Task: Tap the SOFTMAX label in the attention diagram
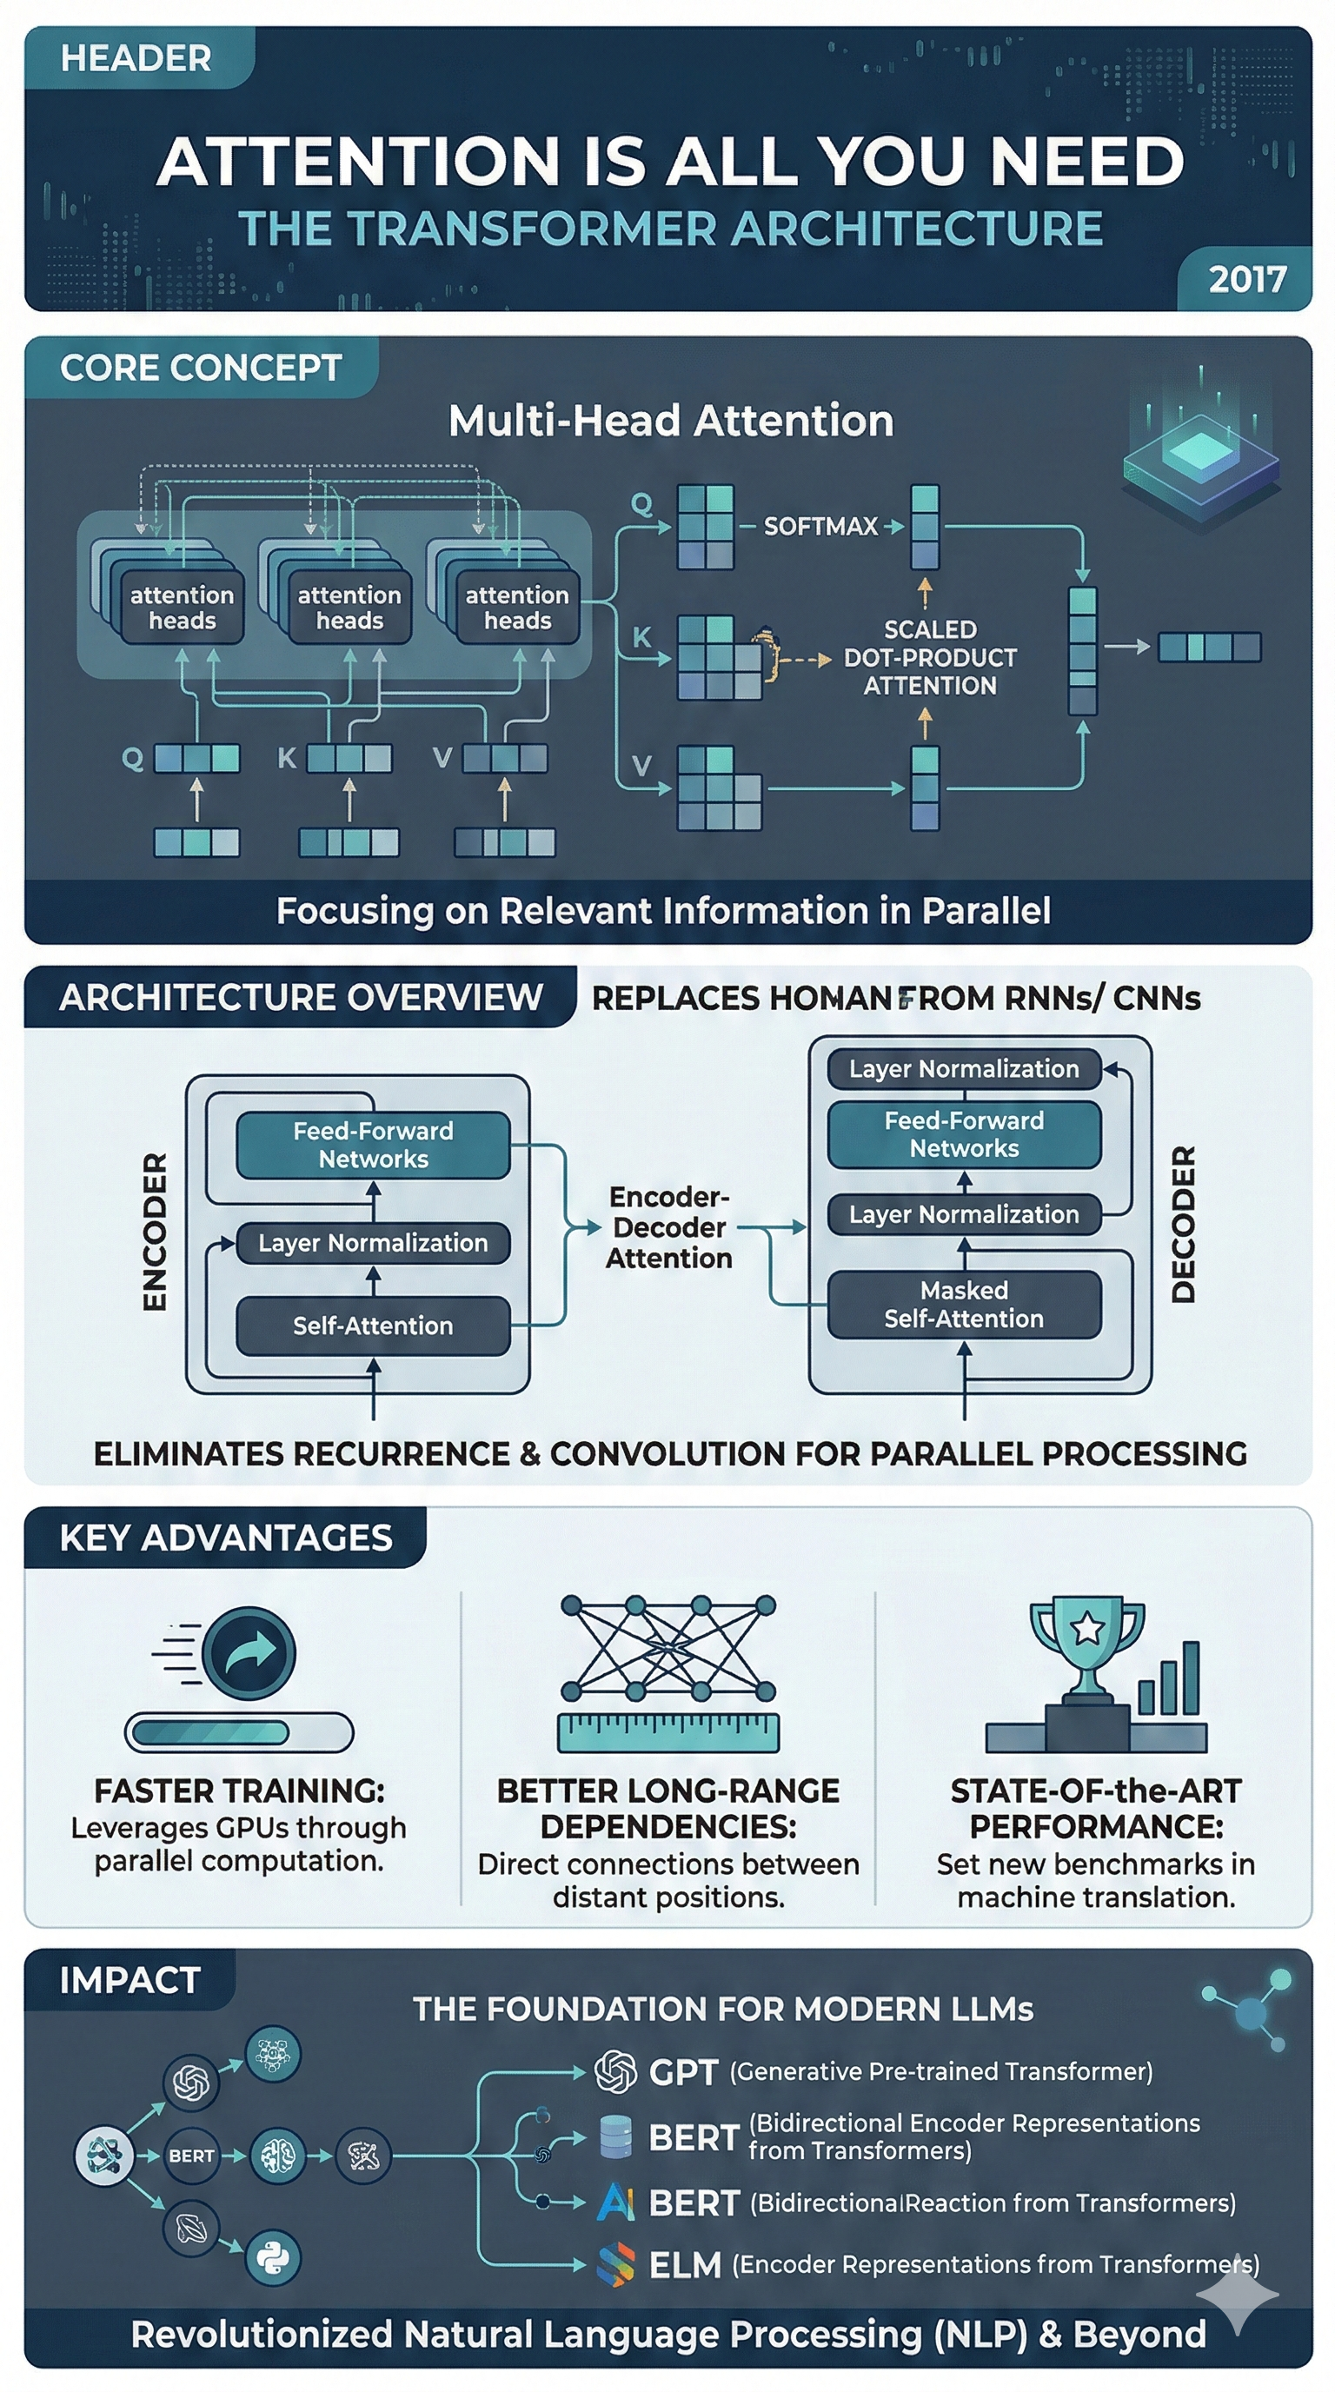tap(820, 527)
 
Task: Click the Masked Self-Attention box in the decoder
tap(964, 1304)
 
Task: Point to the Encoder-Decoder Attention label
tap(668, 1226)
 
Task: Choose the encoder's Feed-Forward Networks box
tap(373, 1144)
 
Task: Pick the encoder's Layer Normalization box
tap(373, 1242)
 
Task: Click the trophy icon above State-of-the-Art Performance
tap(1087, 1644)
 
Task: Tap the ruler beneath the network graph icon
tap(668, 1731)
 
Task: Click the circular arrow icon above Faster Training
tap(249, 1653)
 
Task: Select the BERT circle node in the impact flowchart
tap(191, 2156)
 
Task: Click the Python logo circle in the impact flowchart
tap(273, 2257)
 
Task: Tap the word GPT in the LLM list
tap(683, 2071)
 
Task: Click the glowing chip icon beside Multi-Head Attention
tap(1200, 455)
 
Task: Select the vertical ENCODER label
tap(155, 1232)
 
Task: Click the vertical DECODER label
tap(1183, 1224)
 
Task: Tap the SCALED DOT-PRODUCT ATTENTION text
tap(929, 657)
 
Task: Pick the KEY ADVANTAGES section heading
tap(226, 1538)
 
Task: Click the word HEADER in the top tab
tap(136, 58)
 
